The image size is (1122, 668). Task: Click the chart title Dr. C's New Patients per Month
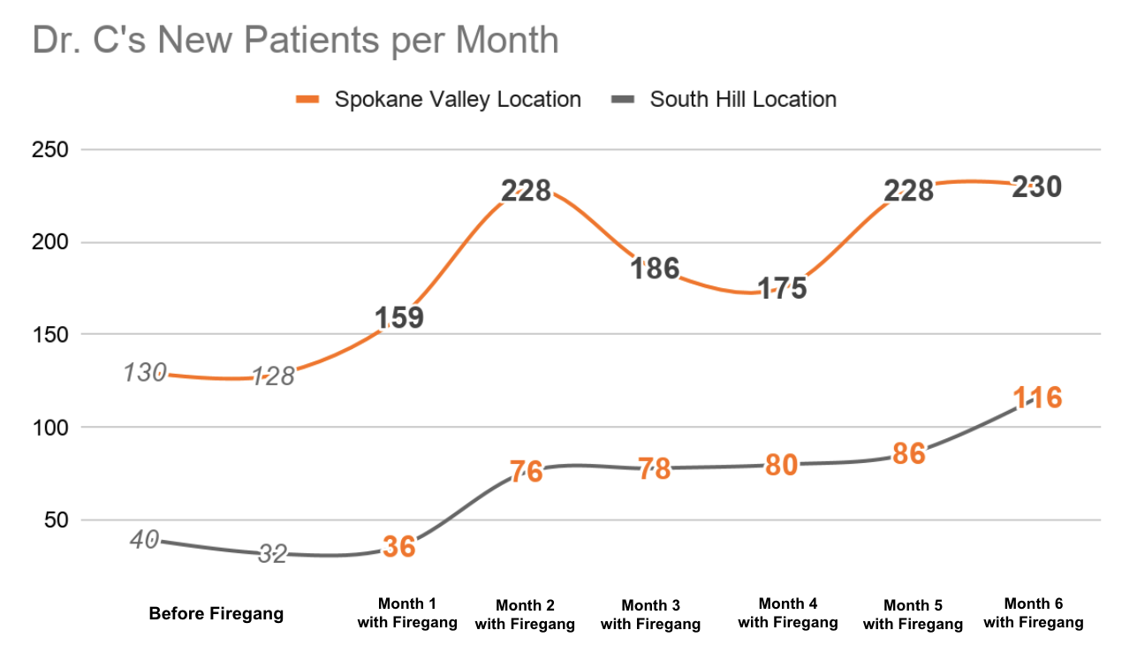(x=295, y=41)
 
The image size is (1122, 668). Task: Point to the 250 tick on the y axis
(x=50, y=150)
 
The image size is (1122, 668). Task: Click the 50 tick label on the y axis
(x=56, y=520)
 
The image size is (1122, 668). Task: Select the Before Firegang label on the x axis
(x=216, y=614)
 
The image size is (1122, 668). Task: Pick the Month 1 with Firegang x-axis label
(x=407, y=613)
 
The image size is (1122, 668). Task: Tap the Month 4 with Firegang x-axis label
(x=788, y=613)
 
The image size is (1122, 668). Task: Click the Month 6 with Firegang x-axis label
(x=1033, y=613)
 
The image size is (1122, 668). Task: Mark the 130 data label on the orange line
(x=144, y=373)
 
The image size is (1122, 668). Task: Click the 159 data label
(x=398, y=318)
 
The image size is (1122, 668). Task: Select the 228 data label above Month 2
(x=527, y=191)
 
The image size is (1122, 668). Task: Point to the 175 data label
(x=782, y=289)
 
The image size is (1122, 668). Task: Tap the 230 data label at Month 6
(x=1036, y=187)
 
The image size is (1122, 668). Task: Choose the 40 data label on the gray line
(x=144, y=539)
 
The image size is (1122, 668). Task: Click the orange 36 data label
(x=398, y=547)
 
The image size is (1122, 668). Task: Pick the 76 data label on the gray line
(x=527, y=472)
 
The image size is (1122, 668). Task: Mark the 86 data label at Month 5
(x=909, y=454)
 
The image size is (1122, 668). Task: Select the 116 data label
(x=1036, y=398)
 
